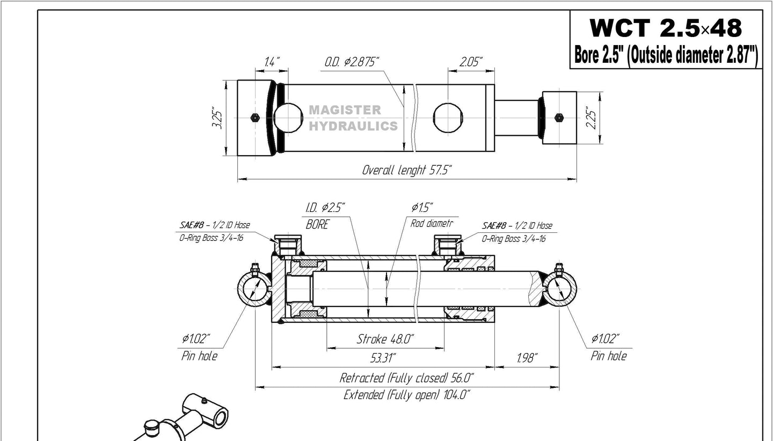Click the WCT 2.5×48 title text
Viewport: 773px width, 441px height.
tap(666, 27)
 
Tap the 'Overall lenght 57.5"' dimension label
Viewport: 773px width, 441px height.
tap(406, 170)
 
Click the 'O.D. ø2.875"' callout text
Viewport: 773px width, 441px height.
tap(352, 62)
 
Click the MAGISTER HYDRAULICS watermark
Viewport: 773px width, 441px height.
tap(353, 118)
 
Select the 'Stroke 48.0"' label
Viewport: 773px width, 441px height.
tap(385, 339)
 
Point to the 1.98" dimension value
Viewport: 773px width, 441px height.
tap(526, 357)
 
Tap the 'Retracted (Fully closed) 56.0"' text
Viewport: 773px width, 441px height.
tap(406, 378)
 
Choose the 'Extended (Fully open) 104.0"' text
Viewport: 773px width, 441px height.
tap(406, 395)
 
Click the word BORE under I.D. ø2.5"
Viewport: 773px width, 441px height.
tap(317, 225)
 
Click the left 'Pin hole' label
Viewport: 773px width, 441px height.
tap(199, 356)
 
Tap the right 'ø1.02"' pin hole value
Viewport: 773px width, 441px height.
tap(605, 339)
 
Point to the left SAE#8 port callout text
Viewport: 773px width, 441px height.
tap(215, 226)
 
